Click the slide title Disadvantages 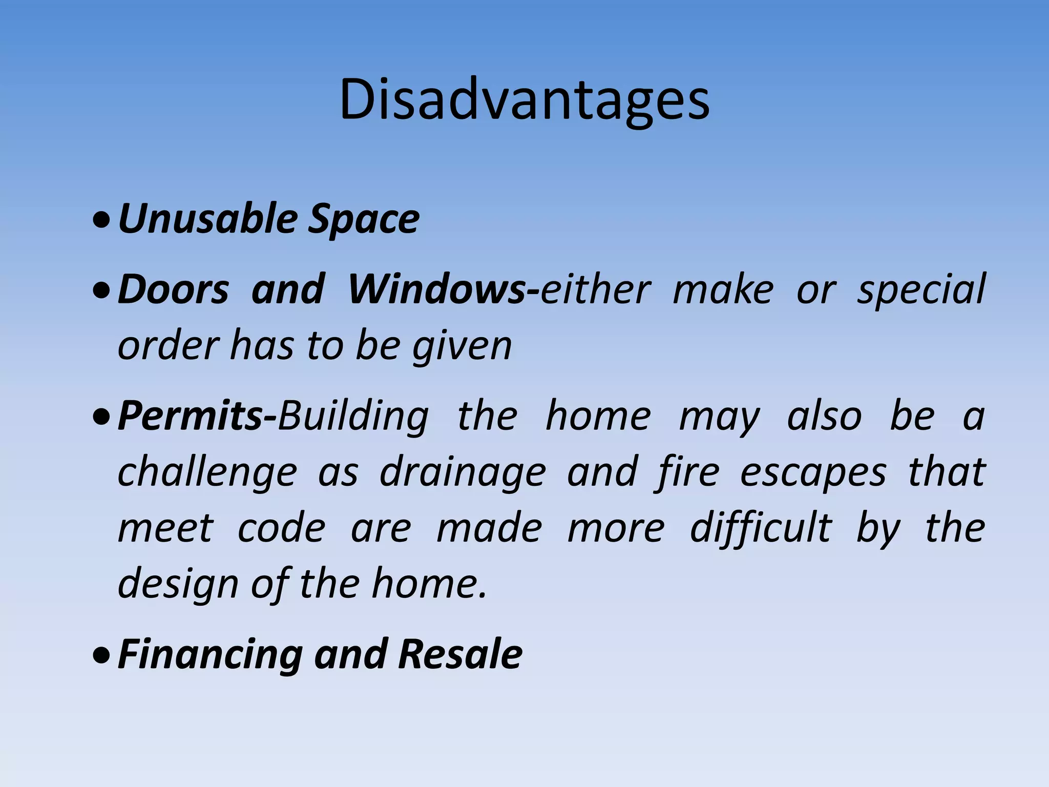point(524,100)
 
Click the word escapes point(813,472)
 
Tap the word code point(281,528)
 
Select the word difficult point(760,528)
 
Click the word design point(178,585)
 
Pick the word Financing point(210,655)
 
